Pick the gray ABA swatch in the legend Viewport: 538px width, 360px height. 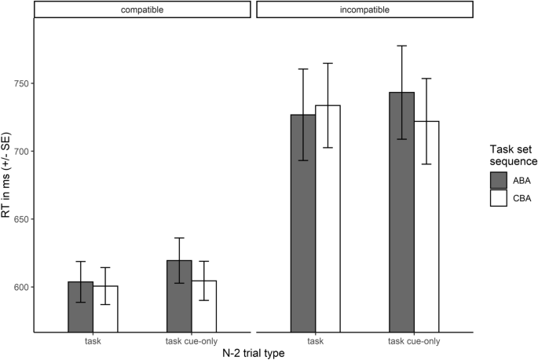pos(498,180)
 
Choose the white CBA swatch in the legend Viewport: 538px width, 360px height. pos(498,198)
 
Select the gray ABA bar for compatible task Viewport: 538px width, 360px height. pos(81,307)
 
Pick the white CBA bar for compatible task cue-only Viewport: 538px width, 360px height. pos(203,307)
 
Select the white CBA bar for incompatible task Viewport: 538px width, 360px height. pos(328,220)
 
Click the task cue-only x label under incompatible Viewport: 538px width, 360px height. pos(414,340)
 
